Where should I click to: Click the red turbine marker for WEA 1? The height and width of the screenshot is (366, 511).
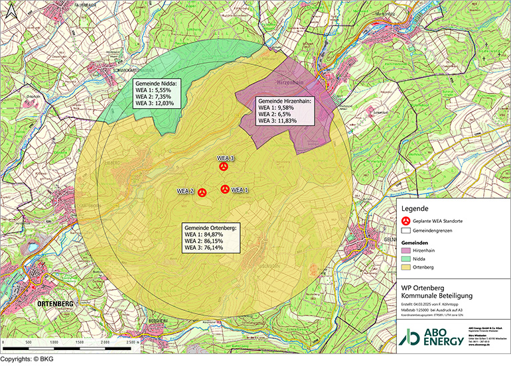click(225, 189)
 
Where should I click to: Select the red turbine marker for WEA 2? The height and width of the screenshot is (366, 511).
click(202, 192)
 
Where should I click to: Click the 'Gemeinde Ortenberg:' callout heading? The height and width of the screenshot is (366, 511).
click(214, 227)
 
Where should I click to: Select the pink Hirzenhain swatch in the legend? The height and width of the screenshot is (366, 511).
click(406, 251)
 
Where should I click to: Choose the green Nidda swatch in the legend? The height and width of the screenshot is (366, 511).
click(406, 259)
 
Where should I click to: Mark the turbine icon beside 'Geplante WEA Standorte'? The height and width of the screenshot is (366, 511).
click(406, 221)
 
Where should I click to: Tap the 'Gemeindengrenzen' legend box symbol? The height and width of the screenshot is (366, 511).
click(406, 231)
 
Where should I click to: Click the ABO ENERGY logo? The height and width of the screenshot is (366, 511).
click(429, 335)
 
